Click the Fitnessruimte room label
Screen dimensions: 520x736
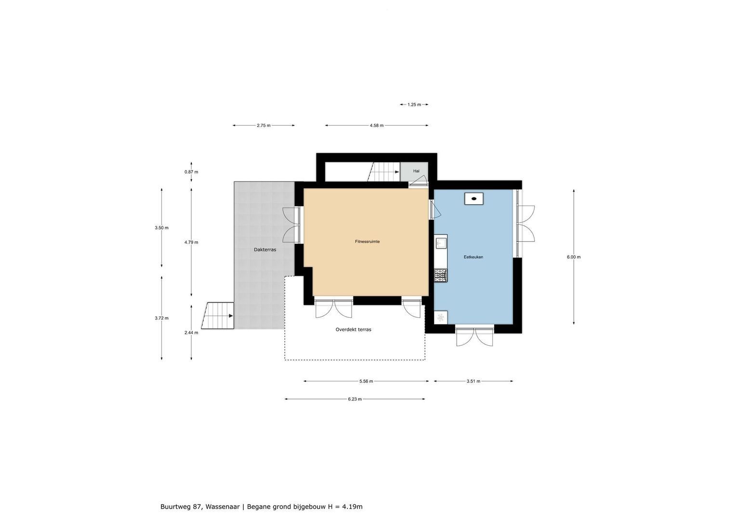pyautogui.click(x=368, y=242)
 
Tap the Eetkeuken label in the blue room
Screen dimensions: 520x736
pyautogui.click(x=473, y=257)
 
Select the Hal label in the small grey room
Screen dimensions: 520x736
pyautogui.click(x=416, y=171)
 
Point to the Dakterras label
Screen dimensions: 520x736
pyautogui.click(x=265, y=250)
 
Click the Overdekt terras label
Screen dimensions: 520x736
pyautogui.click(x=353, y=330)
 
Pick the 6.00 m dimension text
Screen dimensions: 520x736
pyautogui.click(x=574, y=257)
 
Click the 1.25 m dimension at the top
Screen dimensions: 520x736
pyautogui.click(x=414, y=104)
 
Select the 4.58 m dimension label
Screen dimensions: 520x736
pyautogui.click(x=377, y=126)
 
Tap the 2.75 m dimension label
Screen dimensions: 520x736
pyautogui.click(x=263, y=126)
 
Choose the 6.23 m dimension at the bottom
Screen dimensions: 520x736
pyautogui.click(x=355, y=399)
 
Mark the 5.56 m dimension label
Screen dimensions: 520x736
pyautogui.click(x=366, y=381)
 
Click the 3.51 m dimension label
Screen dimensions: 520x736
pyautogui.click(x=473, y=381)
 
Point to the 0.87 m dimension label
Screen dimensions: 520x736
pyautogui.click(x=191, y=172)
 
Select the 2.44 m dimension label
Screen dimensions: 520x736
pyautogui.click(x=191, y=332)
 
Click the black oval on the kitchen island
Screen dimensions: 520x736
pyautogui.click(x=474, y=198)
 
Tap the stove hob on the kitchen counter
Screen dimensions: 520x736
pyautogui.click(x=440, y=275)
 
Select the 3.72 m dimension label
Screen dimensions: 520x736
pyautogui.click(x=161, y=318)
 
